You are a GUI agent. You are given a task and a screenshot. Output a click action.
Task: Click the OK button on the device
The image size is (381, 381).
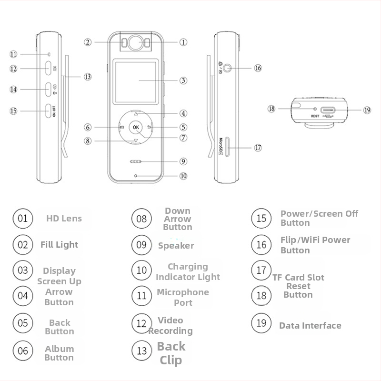coord(136,127)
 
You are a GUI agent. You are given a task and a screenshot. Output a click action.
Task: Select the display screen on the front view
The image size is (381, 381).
coord(135,82)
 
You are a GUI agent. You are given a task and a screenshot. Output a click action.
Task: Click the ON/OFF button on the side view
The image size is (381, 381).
coord(49,111)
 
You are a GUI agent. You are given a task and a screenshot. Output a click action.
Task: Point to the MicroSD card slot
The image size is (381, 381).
coord(228,147)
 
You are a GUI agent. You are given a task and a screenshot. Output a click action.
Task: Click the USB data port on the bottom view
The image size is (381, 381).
coord(328,110)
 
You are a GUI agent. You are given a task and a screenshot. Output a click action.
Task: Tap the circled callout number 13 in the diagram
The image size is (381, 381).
coord(88,77)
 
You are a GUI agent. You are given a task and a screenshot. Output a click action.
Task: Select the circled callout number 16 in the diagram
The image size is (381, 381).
coord(258,68)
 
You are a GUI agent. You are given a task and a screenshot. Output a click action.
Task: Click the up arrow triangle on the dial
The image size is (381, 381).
coord(136,114)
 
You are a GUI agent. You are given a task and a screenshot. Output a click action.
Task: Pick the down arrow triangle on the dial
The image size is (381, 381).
coord(136,140)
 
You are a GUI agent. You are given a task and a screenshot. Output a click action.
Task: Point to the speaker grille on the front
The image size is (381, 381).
coord(136,161)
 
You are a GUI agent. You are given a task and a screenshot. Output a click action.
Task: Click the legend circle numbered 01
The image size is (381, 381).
coord(22,219)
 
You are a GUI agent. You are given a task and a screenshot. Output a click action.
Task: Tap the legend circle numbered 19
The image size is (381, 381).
coord(261,323)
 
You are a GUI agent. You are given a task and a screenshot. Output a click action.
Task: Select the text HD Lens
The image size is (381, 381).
coord(64,219)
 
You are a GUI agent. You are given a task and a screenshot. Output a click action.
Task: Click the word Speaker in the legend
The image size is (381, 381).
coord(176,246)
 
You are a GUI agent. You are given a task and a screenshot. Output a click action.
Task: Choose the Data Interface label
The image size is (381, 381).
coord(310,326)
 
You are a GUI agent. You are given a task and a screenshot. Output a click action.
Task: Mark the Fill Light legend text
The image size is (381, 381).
coord(59,245)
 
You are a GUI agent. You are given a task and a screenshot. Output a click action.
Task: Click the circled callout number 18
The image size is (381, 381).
coord(271,109)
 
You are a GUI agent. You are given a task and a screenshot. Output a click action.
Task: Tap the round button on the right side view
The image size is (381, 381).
coord(227,68)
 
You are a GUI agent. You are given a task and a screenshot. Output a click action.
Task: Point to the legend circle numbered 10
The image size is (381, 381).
coord(141,270)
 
